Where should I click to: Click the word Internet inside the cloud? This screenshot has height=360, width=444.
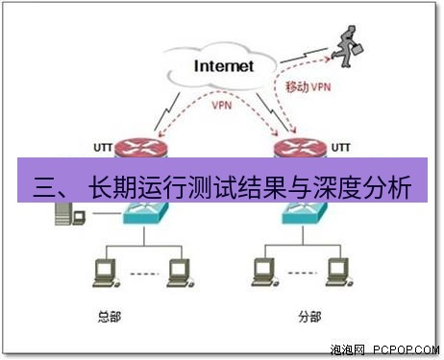pyautogui.click(x=224, y=66)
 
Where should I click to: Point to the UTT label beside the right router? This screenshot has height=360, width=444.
pyautogui.click(x=341, y=146)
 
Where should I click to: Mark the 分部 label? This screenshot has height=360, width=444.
pyautogui.click(x=307, y=315)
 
